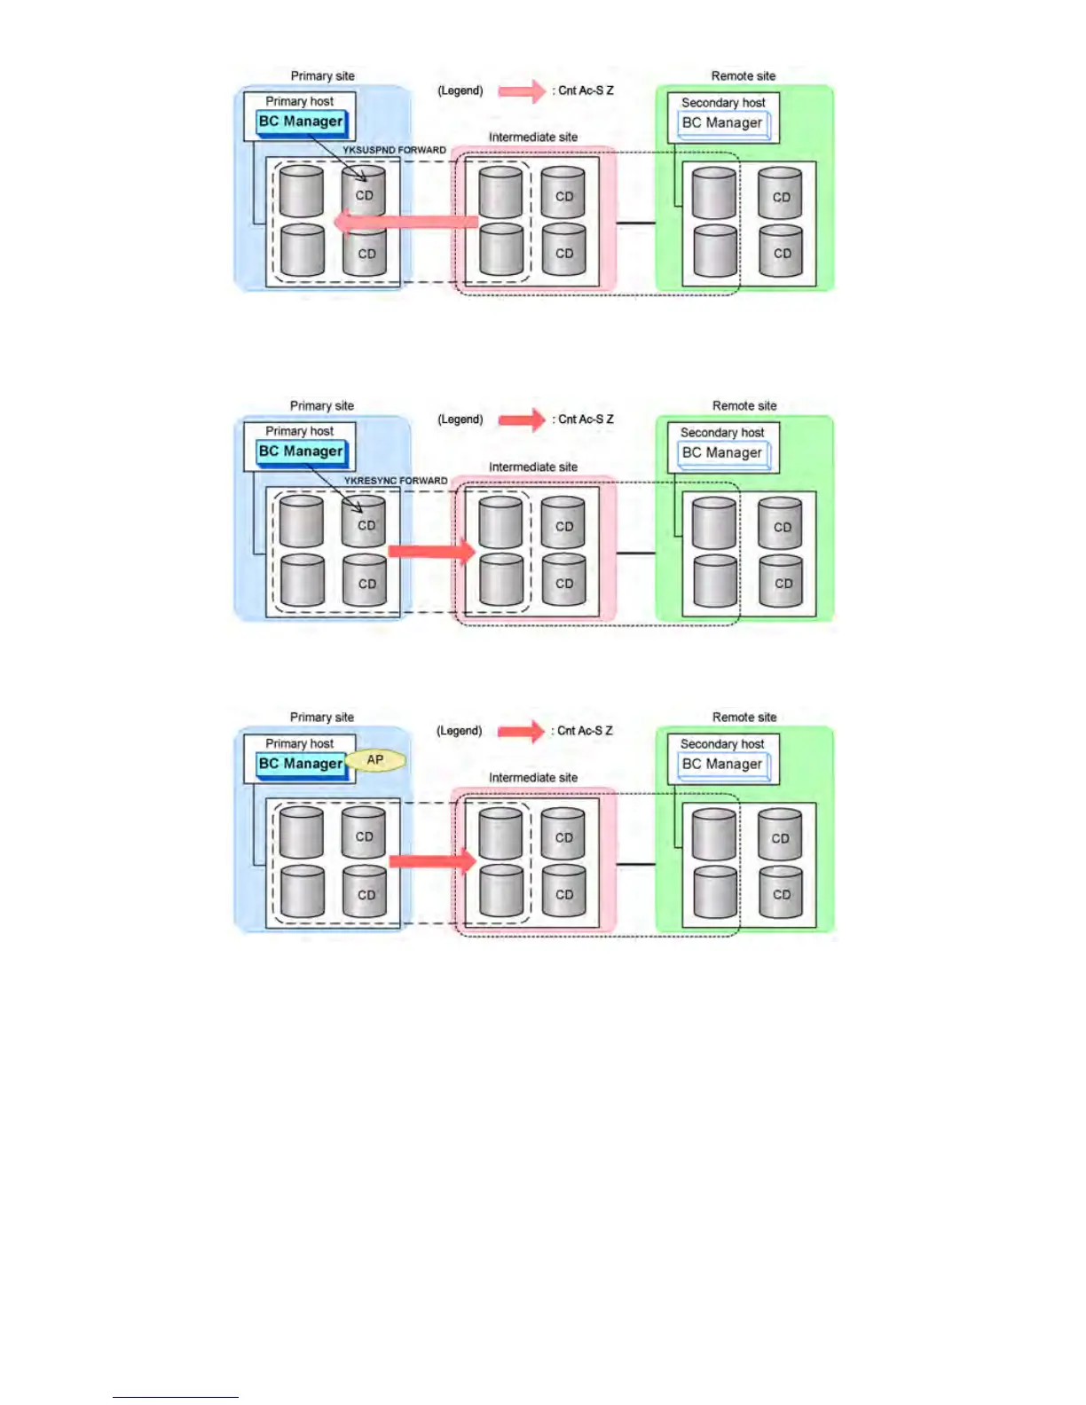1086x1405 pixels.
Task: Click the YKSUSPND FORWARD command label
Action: [394, 150]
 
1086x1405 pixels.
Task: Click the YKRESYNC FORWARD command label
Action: [396, 481]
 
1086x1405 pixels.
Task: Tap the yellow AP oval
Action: [375, 760]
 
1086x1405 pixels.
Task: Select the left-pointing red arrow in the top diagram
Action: [406, 222]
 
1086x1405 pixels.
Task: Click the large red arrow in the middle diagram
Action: [432, 552]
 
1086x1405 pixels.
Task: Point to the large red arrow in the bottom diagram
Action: [432, 861]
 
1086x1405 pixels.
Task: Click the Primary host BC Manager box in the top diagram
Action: [300, 122]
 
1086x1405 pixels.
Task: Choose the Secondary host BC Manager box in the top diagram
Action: [722, 123]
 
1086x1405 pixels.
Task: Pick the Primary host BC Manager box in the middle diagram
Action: [300, 451]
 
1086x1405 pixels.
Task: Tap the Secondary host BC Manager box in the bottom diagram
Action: [722, 765]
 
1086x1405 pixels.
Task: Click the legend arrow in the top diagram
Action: [521, 90]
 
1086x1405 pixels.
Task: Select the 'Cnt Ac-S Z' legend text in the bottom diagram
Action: [584, 731]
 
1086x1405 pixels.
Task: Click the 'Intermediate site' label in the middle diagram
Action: [532, 467]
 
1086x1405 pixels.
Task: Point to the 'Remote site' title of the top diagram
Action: [743, 76]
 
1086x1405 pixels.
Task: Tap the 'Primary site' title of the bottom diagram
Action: [321, 718]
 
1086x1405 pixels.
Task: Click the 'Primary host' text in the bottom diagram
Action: [299, 744]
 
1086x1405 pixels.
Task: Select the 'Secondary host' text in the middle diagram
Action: [721, 433]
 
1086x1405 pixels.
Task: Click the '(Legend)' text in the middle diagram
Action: [460, 420]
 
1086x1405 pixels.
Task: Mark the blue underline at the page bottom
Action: [175, 1397]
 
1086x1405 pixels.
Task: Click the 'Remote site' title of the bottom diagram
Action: [744, 718]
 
